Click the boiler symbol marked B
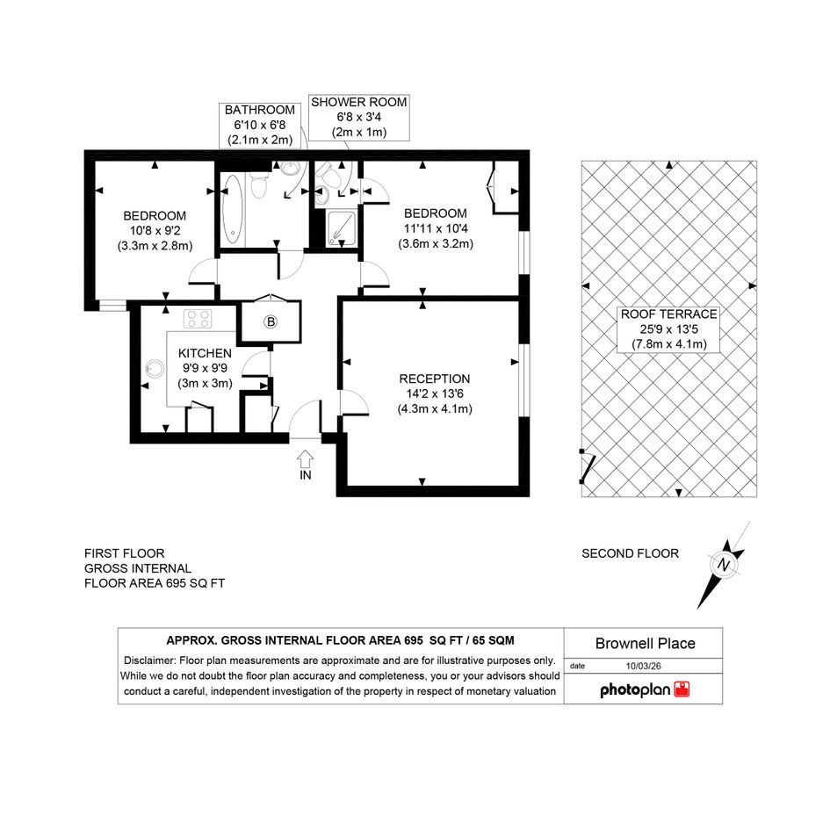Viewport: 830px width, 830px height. tap(271, 321)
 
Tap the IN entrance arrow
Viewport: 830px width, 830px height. tap(306, 458)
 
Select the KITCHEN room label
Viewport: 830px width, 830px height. tap(205, 353)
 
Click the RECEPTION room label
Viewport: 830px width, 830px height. tap(435, 379)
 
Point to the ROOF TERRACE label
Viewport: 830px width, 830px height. tap(669, 314)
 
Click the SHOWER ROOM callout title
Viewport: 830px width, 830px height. tap(359, 102)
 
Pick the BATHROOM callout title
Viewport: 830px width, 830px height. tap(260, 110)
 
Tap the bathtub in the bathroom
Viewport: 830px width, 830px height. tap(233, 209)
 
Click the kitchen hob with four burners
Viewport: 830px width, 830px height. tap(198, 319)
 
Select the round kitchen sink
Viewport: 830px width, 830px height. tap(155, 368)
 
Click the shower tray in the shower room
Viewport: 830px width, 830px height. tap(342, 228)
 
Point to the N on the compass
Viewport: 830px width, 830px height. tap(723, 564)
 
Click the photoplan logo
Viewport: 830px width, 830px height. tap(645, 689)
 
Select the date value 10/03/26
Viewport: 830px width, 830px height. tap(643, 666)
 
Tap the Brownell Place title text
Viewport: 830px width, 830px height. tap(646, 643)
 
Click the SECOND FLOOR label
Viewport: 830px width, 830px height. tap(630, 553)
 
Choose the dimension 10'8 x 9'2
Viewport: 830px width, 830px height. tap(155, 230)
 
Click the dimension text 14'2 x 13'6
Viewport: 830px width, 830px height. tap(435, 393)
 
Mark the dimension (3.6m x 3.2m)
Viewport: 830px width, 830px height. tap(436, 243)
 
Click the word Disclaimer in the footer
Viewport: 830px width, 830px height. tap(150, 660)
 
